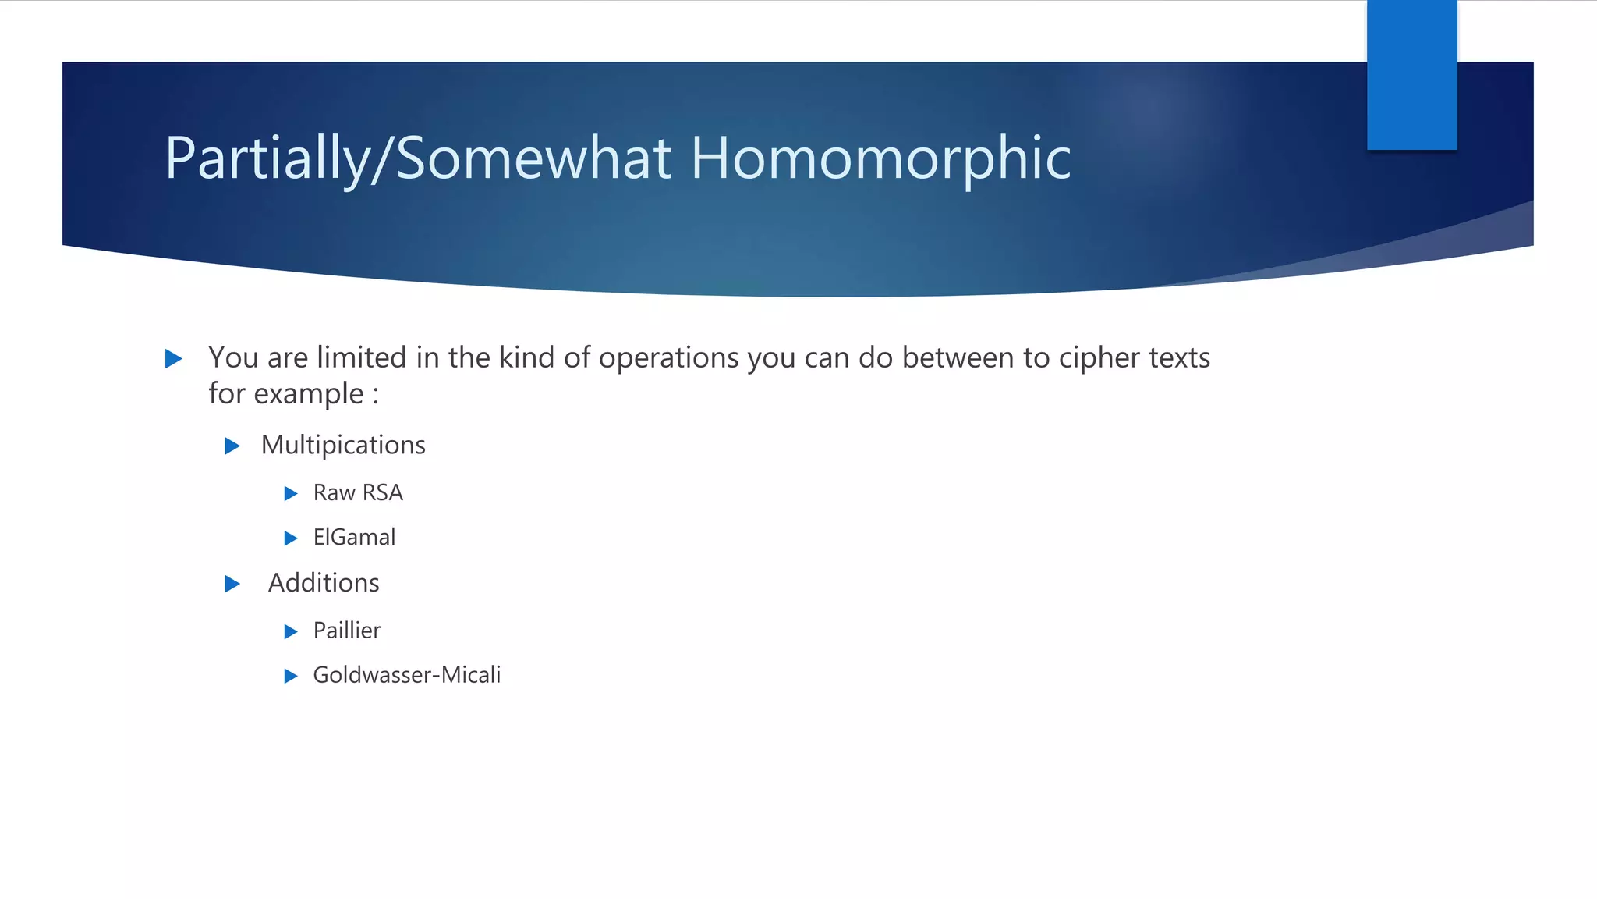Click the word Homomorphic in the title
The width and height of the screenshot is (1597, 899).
point(880,158)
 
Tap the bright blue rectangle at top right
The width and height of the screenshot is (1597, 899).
point(1411,75)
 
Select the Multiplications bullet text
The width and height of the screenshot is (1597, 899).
point(343,445)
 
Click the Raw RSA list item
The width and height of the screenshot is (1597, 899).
point(358,493)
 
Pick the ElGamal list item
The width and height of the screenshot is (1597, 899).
point(354,538)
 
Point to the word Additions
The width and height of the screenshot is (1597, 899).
point(324,583)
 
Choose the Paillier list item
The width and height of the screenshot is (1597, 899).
point(347,631)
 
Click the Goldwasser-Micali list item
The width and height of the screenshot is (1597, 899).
point(406,675)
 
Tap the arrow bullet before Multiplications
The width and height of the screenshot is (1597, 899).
point(232,446)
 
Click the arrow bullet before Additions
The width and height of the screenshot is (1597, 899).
point(232,584)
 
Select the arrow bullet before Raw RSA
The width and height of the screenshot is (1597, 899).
point(291,494)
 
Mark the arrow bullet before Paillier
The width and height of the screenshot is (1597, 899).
point(291,631)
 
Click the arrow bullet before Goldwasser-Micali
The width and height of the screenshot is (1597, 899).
point(291,676)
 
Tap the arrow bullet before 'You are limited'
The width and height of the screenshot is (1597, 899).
point(174,359)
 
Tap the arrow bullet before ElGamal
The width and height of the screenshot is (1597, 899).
point(291,538)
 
